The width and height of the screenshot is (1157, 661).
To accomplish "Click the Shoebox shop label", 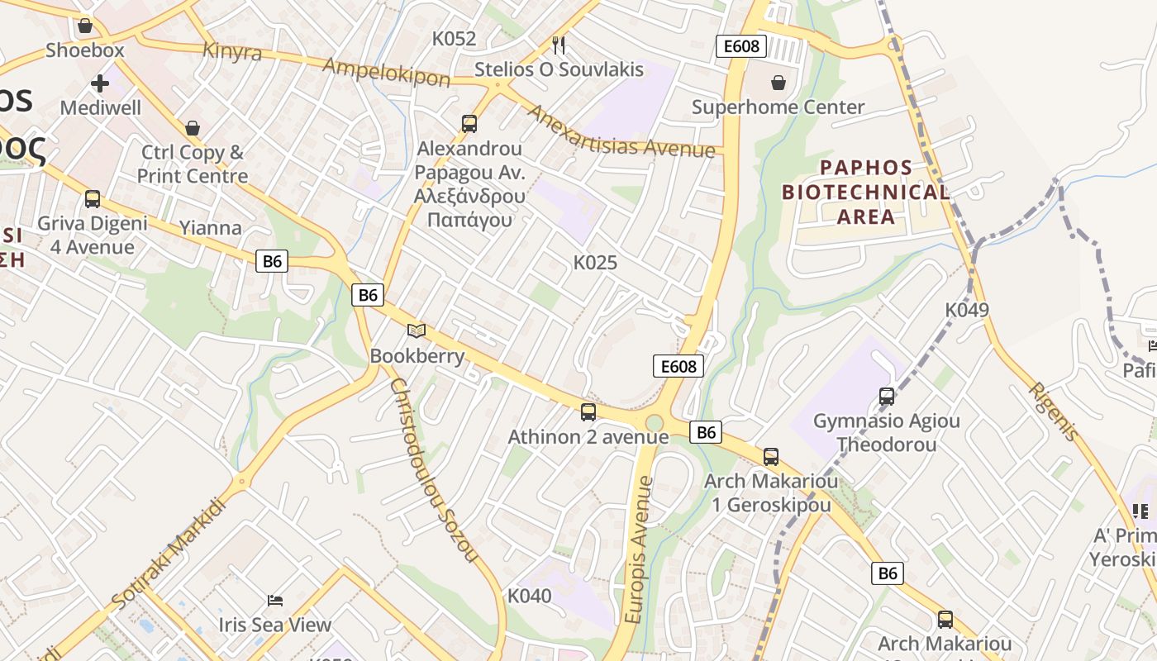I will (x=85, y=50).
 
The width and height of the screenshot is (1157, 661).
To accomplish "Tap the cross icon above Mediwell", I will (x=100, y=83).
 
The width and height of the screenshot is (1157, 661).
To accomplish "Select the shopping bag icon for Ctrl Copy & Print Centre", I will (x=193, y=128).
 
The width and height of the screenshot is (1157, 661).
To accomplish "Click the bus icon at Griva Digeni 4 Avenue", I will (x=93, y=199).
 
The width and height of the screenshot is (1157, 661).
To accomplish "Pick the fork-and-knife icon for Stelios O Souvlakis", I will (x=559, y=45).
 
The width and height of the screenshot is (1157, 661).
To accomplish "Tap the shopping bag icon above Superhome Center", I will (x=778, y=83).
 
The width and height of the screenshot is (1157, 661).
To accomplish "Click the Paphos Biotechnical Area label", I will (x=865, y=193).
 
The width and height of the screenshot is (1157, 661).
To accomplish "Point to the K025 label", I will (x=595, y=263).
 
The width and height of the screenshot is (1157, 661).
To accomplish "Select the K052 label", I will (x=455, y=39).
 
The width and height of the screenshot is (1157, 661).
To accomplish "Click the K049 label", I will (x=967, y=310).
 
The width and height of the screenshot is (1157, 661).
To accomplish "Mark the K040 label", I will (x=529, y=596).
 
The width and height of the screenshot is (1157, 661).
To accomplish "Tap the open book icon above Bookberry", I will (x=417, y=331).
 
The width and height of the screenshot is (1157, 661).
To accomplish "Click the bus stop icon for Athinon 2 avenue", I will (x=588, y=411).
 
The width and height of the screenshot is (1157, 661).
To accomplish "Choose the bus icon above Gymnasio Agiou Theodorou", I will (x=887, y=397).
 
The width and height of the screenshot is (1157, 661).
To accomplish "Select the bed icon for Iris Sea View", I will (x=275, y=601).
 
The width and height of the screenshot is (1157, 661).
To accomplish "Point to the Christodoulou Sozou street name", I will (x=433, y=470).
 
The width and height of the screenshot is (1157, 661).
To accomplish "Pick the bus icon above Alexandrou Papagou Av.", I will (x=469, y=124).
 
